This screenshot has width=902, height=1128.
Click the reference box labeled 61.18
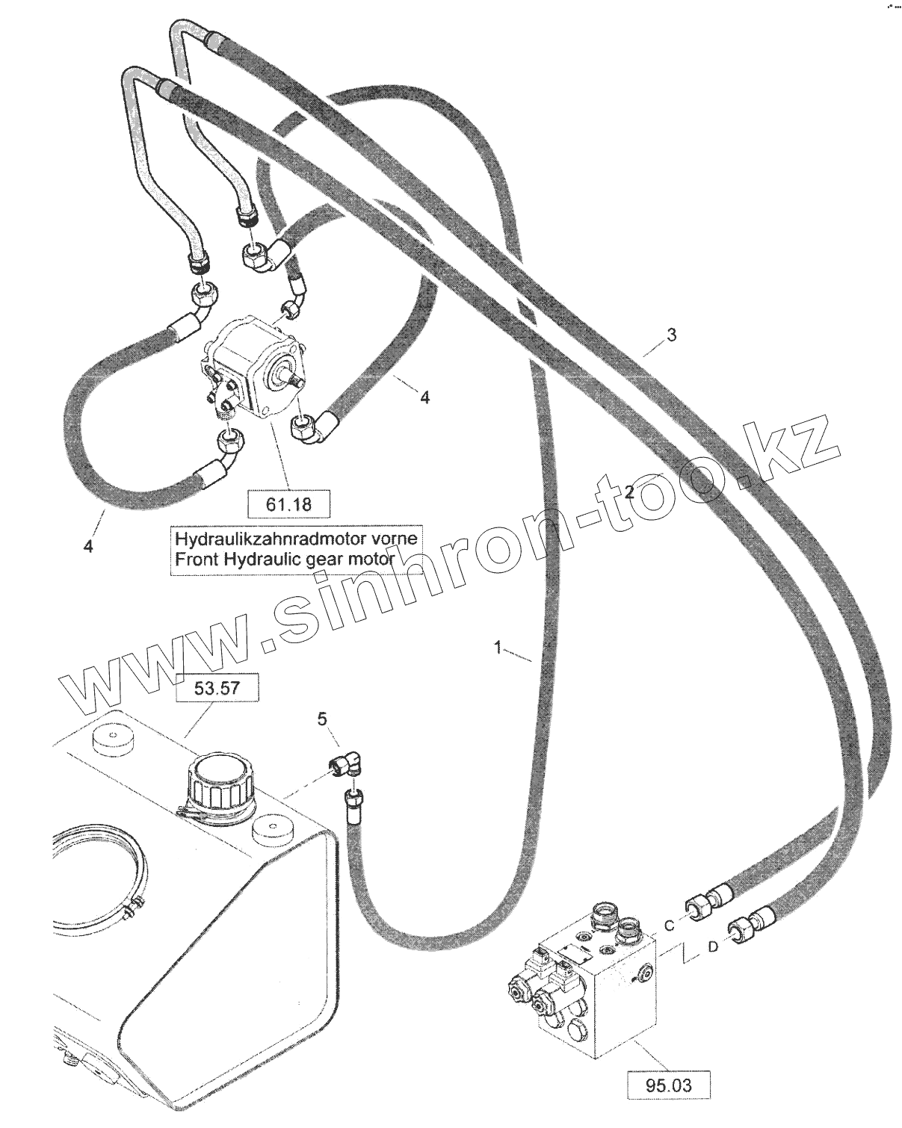[288, 504]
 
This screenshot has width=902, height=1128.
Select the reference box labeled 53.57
[217, 687]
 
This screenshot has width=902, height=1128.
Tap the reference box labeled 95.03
[667, 1083]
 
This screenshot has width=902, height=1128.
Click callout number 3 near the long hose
[671, 335]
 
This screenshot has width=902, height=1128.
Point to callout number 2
[630, 492]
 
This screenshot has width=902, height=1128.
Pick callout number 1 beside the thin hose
[498, 645]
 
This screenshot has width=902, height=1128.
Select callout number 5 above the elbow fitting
[322, 719]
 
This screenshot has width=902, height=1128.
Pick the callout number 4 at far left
[88, 548]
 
